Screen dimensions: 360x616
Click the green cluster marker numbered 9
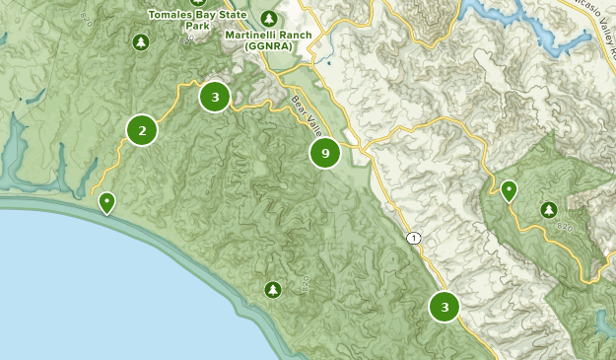coord(325,153)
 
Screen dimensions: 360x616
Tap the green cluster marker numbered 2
coord(142,129)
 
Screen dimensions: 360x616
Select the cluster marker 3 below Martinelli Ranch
coord(214,97)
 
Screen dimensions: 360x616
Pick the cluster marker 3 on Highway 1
coord(445,307)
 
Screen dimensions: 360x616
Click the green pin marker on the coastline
coord(106,203)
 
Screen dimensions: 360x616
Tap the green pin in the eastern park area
coord(509,190)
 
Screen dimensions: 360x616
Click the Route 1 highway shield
coord(414,238)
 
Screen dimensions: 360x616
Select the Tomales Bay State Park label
coord(189,20)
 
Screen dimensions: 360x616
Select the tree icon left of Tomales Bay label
coord(141,42)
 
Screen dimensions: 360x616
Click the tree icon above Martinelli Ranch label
coord(269,18)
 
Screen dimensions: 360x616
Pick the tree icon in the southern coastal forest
coord(273,289)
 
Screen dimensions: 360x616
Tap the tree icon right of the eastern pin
coord(548,209)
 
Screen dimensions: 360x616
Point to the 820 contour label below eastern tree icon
coord(564,228)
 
